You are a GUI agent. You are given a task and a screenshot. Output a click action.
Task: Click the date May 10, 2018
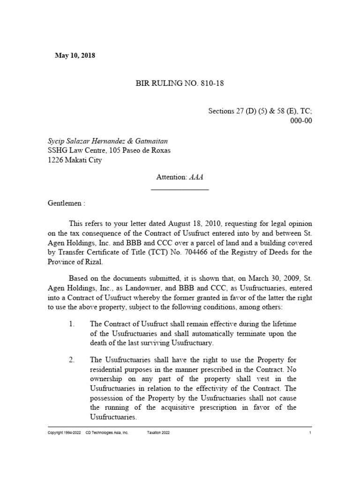(x=75, y=56)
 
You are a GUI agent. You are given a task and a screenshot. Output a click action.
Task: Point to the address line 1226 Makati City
(x=75, y=160)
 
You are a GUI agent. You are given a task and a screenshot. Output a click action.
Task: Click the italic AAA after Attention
(x=196, y=178)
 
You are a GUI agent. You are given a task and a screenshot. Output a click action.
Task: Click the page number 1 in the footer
(x=310, y=433)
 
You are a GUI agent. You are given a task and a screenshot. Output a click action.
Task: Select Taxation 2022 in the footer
(x=158, y=433)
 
